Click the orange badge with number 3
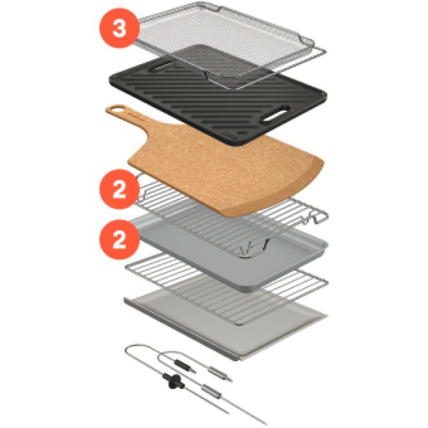119,28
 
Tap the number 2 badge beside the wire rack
119,189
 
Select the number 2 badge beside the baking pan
119,239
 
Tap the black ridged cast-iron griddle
218,101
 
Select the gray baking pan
230,251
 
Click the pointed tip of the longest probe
266,424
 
